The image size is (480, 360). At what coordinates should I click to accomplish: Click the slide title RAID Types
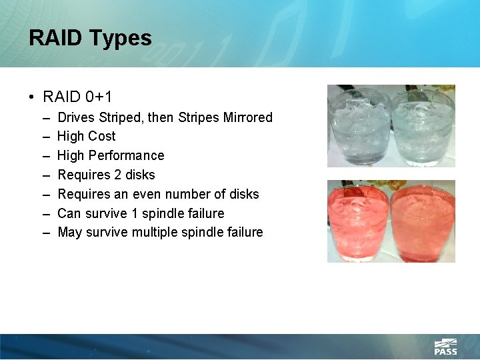point(90,38)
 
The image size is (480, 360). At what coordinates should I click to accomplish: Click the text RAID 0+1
point(77,97)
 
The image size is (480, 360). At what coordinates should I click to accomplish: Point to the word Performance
point(127,155)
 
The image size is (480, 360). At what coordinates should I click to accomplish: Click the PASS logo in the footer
point(445,347)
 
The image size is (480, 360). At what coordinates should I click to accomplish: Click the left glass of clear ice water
point(359,127)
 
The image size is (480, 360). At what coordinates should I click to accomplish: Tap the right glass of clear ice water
point(422,127)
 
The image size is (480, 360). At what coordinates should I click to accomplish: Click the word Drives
point(76,117)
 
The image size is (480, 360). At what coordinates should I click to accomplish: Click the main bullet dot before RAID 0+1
point(33,97)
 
